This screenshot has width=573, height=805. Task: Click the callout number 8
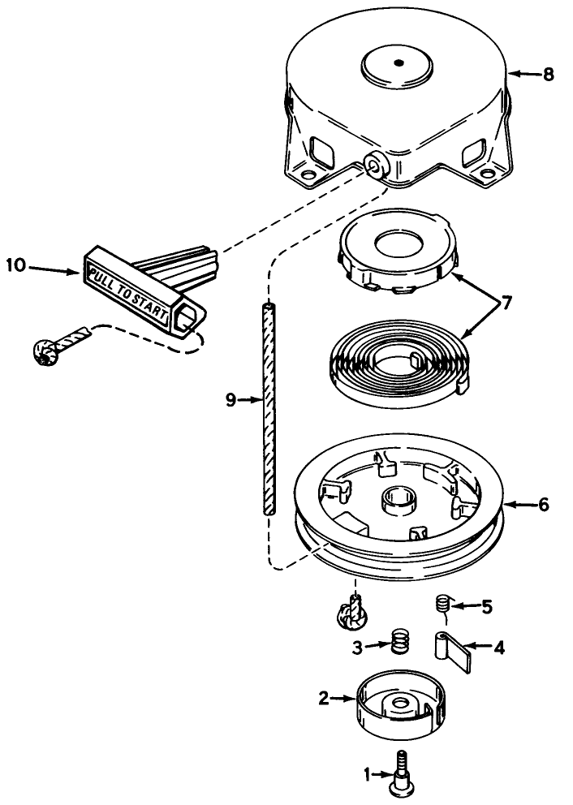(549, 74)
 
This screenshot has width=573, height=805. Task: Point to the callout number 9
(231, 399)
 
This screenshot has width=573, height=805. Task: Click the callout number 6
(543, 505)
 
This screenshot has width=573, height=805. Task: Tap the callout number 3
(356, 647)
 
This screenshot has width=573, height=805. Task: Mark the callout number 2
(324, 697)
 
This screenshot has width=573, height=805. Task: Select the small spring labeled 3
(398, 643)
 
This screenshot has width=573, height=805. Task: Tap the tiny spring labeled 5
(443, 605)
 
